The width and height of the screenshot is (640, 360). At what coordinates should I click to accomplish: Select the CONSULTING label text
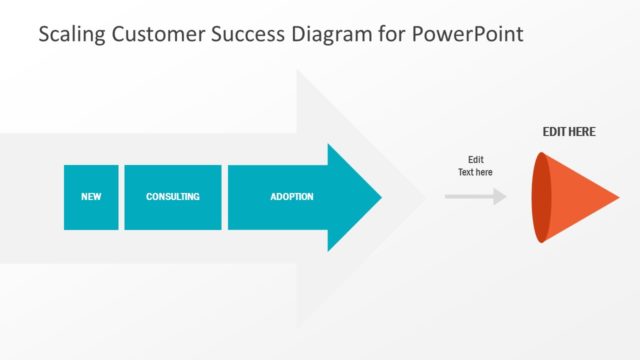pos(172,197)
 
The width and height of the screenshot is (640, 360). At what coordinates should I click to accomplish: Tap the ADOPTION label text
pos(292,197)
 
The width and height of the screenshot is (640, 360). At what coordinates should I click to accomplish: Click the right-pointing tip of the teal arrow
pos(379,197)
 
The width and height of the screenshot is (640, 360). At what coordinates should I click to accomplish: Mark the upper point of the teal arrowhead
pos(329,146)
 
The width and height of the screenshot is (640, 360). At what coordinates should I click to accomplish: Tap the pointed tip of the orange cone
pos(617,197)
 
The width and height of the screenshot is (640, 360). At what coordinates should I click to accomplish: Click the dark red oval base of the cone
pos(541,197)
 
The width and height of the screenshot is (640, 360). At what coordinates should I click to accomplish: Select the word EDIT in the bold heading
pos(555,131)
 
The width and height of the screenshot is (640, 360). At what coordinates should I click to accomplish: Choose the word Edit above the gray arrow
pos(475,159)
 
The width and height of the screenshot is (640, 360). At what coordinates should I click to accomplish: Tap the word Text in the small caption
pos(466,172)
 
